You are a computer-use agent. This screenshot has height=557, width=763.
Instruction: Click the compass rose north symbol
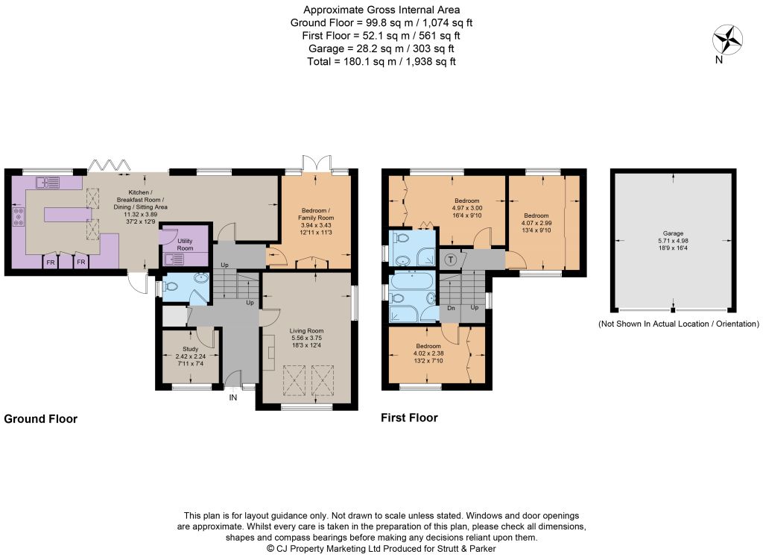point(727,40)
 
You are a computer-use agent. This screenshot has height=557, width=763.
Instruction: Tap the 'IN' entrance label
point(233,397)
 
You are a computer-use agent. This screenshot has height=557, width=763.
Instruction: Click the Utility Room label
point(185,245)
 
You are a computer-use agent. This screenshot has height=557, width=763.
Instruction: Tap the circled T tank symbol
point(451,259)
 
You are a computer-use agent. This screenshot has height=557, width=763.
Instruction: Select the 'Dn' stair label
point(451,308)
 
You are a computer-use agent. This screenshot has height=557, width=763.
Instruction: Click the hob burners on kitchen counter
point(19,217)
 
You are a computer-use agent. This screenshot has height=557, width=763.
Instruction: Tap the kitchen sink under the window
point(48,183)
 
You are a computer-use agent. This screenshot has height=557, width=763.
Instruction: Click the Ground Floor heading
point(40,419)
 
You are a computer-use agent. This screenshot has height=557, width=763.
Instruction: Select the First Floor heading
point(409,418)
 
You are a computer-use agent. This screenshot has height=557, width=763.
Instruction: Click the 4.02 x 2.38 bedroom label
point(428,353)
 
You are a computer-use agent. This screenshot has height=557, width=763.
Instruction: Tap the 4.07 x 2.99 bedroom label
point(536,223)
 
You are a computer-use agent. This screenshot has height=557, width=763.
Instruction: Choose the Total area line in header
point(381,61)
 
